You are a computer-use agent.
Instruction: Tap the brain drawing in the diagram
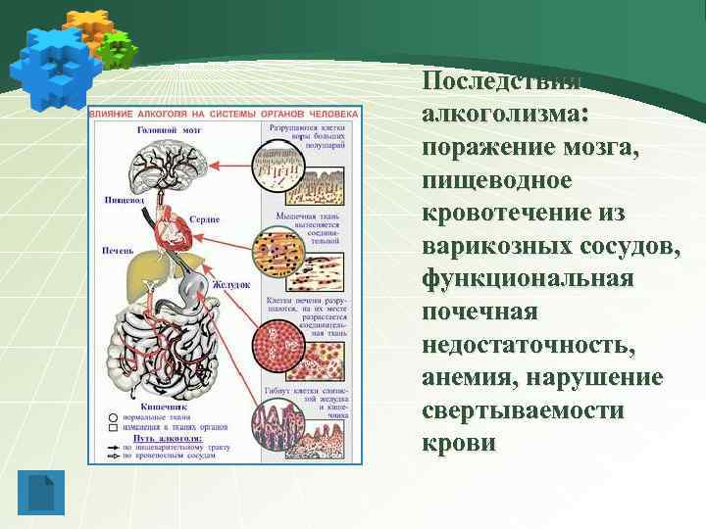pos(171,161)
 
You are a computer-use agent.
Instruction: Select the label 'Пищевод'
pos(124,200)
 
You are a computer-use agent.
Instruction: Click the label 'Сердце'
pos(205,219)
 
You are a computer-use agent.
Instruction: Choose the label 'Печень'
pos(119,250)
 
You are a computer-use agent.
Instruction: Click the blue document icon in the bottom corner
pos(42,493)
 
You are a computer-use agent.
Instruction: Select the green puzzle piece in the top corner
pos(118,48)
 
